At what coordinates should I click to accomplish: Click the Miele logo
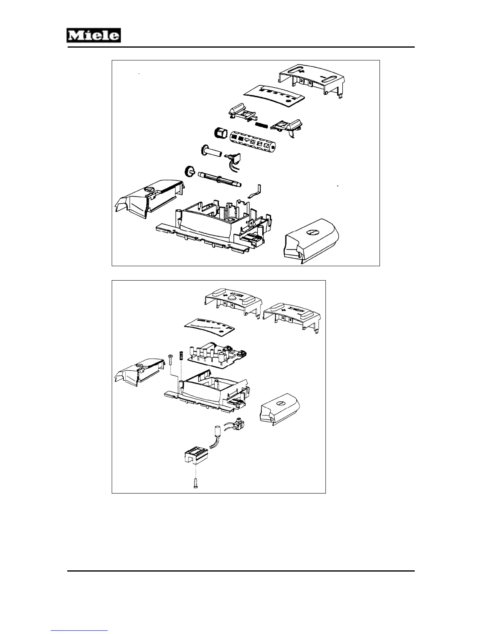pyautogui.click(x=94, y=36)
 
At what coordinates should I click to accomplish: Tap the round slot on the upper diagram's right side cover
pyautogui.click(x=311, y=232)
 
